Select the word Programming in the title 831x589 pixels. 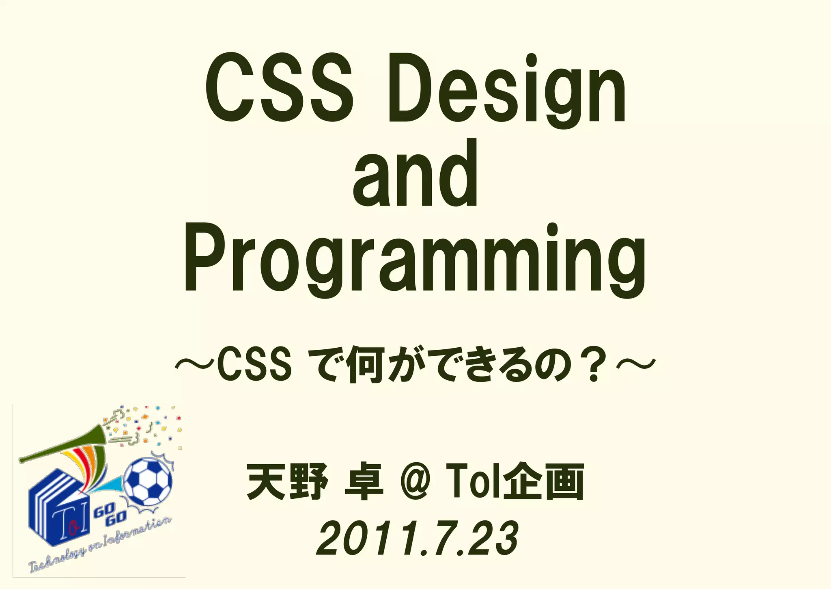[415, 260]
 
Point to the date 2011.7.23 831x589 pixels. [417, 539]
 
